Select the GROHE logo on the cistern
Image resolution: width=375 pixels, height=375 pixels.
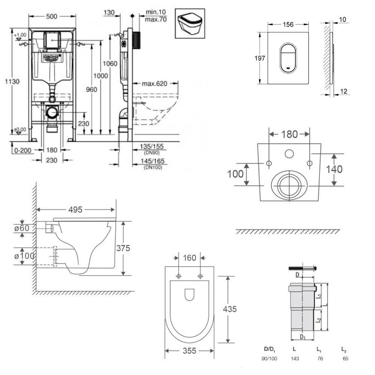52,57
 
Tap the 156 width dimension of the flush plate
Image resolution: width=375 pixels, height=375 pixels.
288,24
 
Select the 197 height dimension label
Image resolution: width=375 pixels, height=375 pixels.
260,58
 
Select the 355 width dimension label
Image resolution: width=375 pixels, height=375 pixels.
189,351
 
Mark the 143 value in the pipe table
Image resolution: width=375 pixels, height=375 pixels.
294,358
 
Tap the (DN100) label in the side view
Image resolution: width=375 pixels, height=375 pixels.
153,168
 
